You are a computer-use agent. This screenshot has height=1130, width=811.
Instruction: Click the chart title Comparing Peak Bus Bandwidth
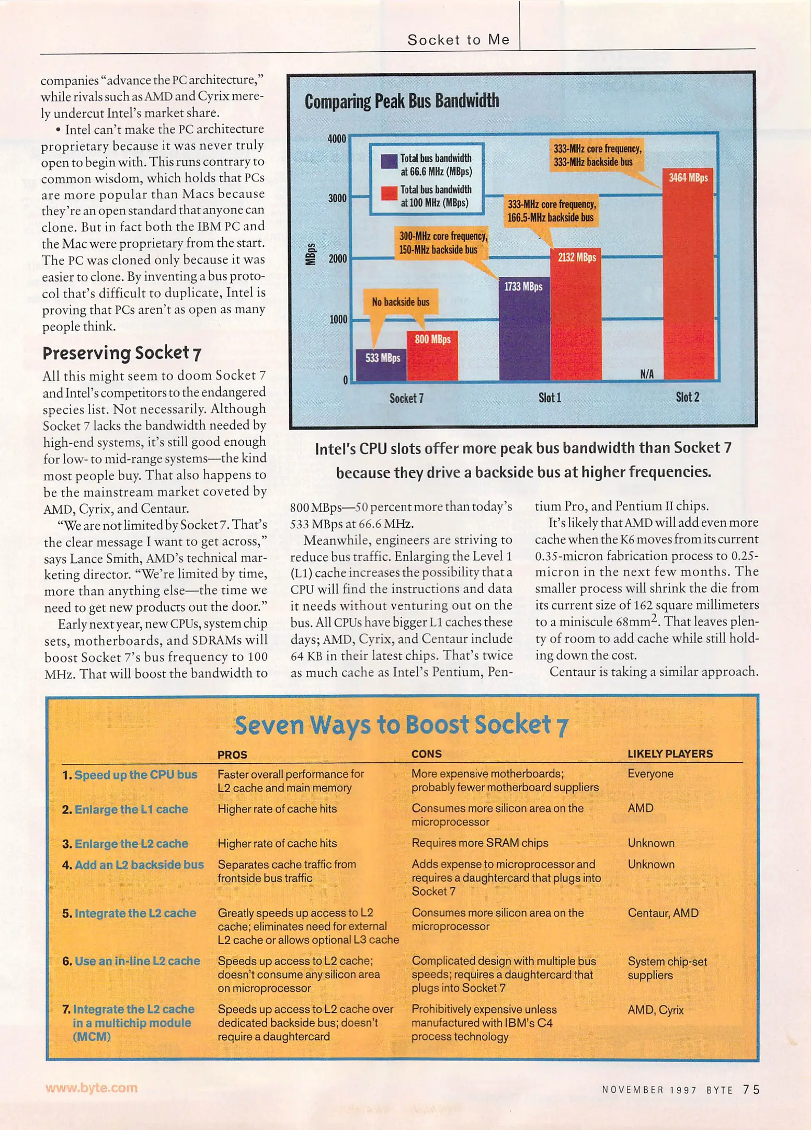[x=402, y=100]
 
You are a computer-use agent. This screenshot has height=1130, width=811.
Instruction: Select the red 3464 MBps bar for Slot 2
[x=688, y=277]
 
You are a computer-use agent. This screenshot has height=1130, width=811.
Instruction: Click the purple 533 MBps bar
[x=382, y=366]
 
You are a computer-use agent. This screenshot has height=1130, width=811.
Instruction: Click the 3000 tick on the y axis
[x=337, y=198]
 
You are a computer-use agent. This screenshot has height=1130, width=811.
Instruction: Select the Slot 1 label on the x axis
[x=550, y=398]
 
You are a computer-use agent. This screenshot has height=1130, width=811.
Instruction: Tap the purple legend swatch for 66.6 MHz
[x=389, y=161]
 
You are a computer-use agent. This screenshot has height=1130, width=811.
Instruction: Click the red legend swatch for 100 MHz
[x=389, y=193]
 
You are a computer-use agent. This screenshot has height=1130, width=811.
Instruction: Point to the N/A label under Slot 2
[x=647, y=374]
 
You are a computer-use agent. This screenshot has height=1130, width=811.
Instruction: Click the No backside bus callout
[x=401, y=302]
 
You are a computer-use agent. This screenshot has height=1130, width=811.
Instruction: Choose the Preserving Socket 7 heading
[x=122, y=353]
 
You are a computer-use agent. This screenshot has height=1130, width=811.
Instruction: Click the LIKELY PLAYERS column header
[x=670, y=754]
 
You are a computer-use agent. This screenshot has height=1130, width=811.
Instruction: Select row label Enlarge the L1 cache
[x=131, y=809]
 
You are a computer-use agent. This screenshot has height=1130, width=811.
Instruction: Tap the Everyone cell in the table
[x=650, y=774]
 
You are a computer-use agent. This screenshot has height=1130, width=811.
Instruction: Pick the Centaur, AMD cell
[x=663, y=913]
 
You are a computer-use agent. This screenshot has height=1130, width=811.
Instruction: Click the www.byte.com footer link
[x=92, y=1088]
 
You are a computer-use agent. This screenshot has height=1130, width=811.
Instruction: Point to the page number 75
[x=751, y=1089]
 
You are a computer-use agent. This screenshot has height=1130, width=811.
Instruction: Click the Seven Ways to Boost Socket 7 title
[x=401, y=725]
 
